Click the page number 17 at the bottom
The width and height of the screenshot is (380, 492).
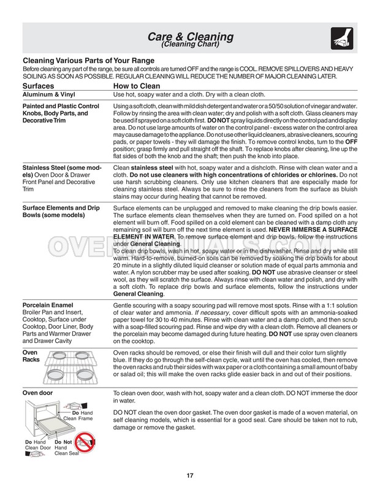pos(190,474)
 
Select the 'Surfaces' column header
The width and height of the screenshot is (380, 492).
pos(42,87)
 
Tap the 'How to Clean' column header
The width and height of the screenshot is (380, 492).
pos(139,87)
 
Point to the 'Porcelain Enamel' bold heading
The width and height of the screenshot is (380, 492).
pos(48,305)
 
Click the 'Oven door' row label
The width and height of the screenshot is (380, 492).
pos(38,391)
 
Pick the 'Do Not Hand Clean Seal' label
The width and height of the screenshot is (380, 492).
pos(64,450)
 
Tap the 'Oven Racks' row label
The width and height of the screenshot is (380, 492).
pos(30,358)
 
